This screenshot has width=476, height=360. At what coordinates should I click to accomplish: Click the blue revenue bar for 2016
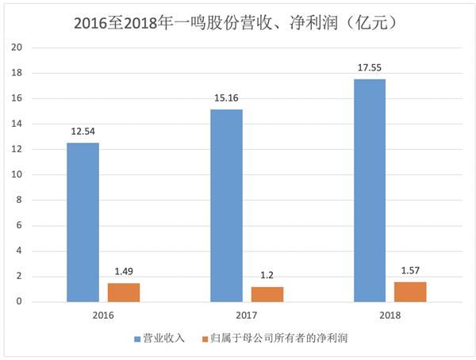[83, 222]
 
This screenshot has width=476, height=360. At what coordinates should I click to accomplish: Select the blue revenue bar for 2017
[226, 205]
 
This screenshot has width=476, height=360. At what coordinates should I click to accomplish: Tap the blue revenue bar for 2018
[370, 190]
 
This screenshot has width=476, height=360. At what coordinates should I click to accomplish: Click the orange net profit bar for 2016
[124, 293]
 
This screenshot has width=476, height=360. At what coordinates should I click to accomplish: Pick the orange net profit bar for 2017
[267, 294]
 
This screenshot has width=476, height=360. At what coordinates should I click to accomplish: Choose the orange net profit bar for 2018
[410, 292]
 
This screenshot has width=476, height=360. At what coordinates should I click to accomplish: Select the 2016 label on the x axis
[103, 315]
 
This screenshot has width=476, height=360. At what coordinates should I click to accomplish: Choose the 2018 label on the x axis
[390, 315]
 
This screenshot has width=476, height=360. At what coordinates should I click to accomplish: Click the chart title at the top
[238, 24]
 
